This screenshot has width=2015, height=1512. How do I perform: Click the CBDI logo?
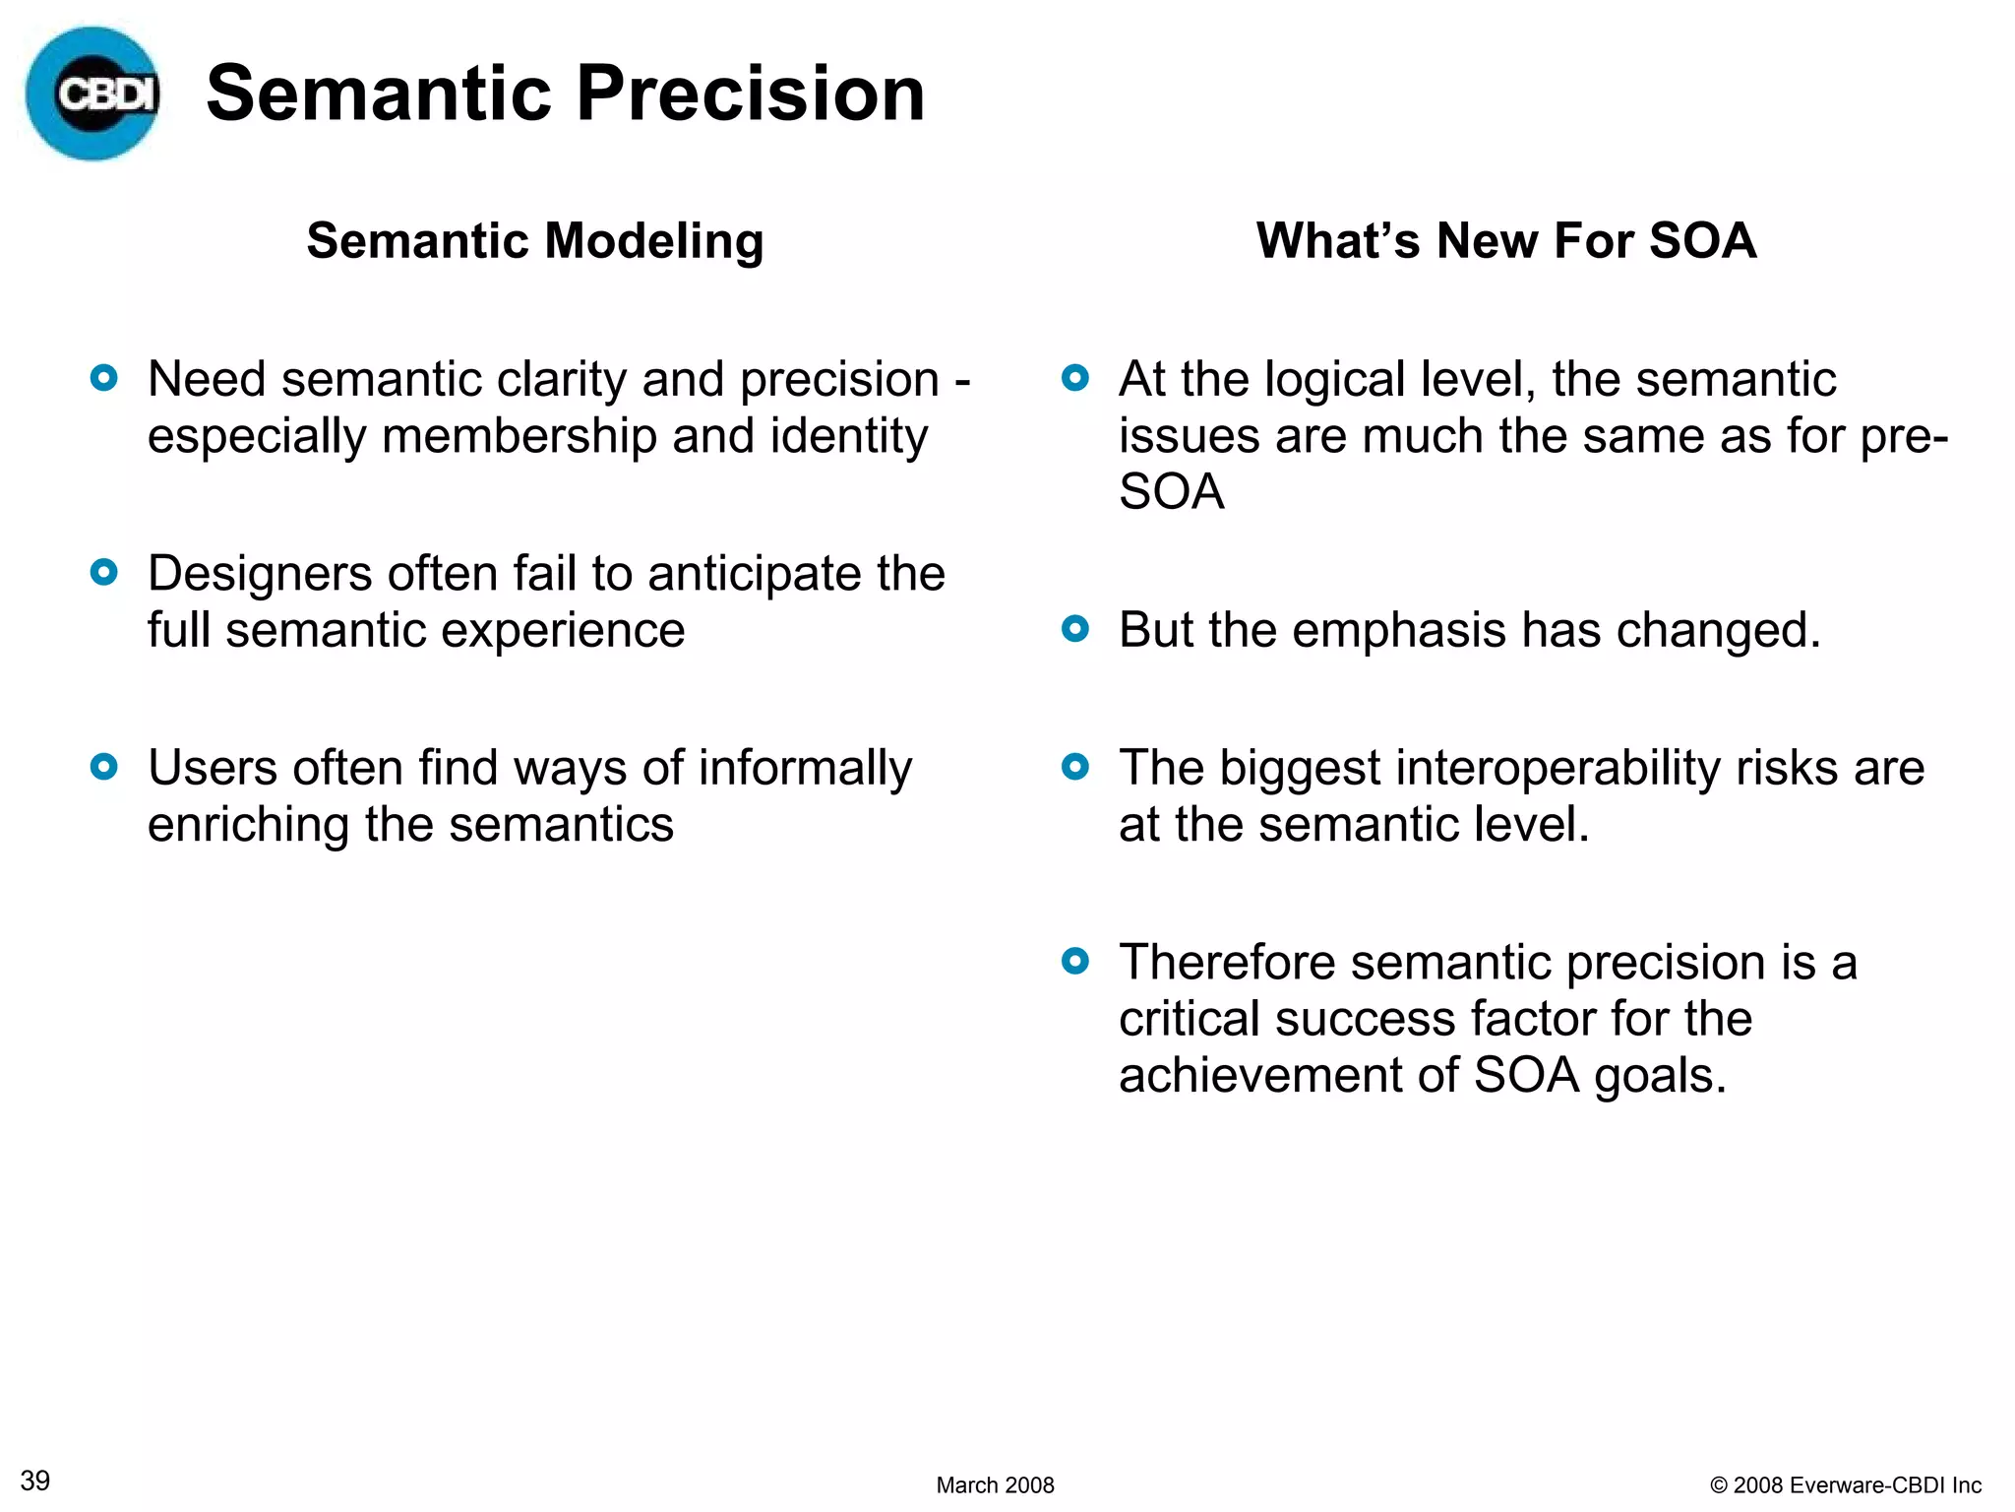coord(92,94)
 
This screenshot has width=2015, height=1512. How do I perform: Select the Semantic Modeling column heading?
coord(534,241)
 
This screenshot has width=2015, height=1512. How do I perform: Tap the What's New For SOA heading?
coord(1505,241)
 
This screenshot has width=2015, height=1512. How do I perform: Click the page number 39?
coord(35,1480)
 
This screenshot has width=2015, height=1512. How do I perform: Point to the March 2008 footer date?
coord(995,1484)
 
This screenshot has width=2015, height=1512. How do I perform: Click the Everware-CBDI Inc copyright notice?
coord(1846,1484)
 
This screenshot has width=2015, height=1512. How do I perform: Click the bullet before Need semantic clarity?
coord(104,378)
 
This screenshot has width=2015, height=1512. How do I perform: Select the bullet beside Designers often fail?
coord(104,572)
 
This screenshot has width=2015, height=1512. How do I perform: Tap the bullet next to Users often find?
coord(104,766)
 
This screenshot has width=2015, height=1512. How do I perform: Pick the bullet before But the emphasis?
coord(1075,628)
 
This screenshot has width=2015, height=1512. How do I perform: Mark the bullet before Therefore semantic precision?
coord(1075,961)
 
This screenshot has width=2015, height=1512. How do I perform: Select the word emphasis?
coord(1398,631)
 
